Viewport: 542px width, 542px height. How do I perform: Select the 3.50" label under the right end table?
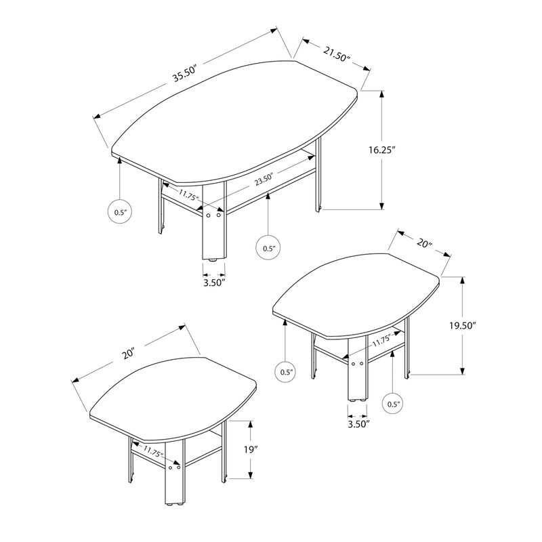[x=358, y=424]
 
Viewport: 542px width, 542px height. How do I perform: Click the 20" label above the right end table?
[x=424, y=243]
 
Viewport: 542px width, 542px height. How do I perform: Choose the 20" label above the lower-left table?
[x=129, y=353]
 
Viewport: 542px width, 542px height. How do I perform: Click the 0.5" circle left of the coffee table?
[x=120, y=213]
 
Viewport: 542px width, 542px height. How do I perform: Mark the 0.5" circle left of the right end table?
[x=285, y=371]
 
